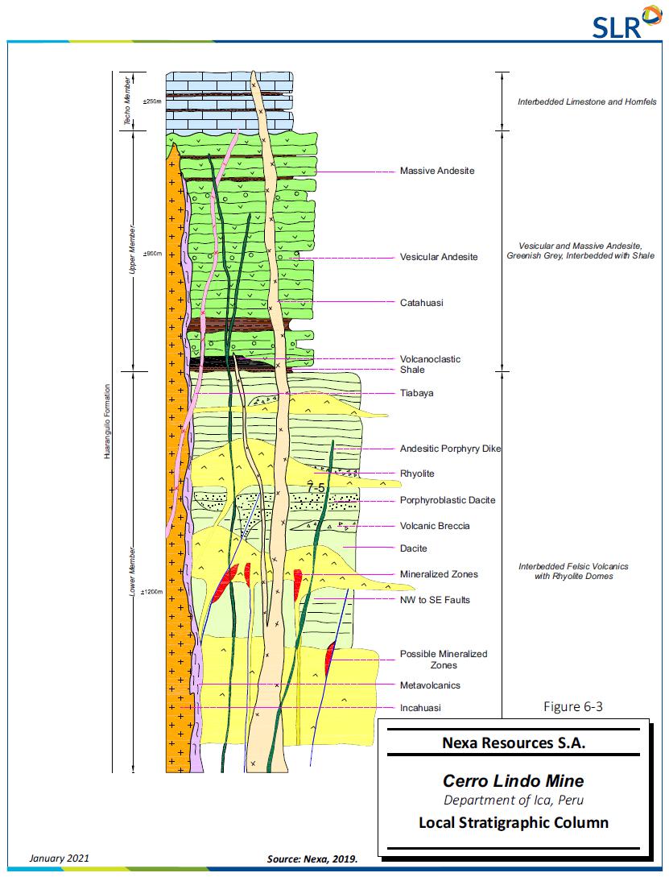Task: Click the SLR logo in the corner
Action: (x=620, y=24)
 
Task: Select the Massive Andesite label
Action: (x=437, y=172)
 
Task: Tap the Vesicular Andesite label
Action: (x=439, y=257)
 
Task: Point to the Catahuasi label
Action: (x=422, y=303)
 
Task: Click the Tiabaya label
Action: (x=417, y=393)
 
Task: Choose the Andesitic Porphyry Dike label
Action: (x=451, y=449)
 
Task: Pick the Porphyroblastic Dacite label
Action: (x=448, y=500)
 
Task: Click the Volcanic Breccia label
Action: (x=435, y=526)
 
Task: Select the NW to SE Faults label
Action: (x=435, y=600)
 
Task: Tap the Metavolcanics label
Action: (x=430, y=685)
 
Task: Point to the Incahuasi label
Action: (x=421, y=708)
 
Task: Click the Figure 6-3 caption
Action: (x=573, y=707)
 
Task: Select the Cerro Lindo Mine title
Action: (x=514, y=781)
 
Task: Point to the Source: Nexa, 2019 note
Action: (x=312, y=859)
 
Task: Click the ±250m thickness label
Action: (x=152, y=102)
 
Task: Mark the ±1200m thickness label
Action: (x=152, y=592)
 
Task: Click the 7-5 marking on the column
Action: (x=315, y=487)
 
